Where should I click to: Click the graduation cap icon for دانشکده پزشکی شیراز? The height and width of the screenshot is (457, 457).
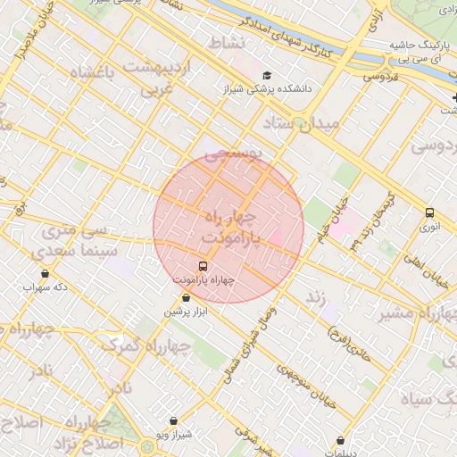(266, 75)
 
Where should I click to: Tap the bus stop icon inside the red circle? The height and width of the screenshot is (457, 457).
(203, 265)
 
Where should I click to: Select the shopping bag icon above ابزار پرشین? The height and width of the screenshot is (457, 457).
(186, 298)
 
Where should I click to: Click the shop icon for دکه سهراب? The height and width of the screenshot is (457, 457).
(46, 273)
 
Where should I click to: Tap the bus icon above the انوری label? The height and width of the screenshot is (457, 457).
(429, 212)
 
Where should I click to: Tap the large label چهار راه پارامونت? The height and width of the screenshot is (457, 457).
(229, 228)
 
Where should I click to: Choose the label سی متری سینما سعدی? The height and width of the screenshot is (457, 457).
(77, 242)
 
